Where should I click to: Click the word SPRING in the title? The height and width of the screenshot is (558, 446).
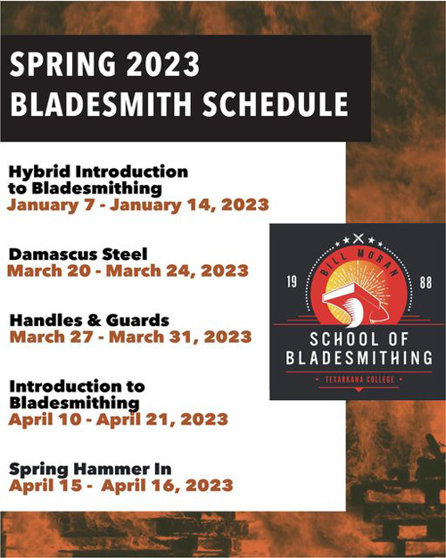pos(62,64)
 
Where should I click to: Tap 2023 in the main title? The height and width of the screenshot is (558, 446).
pos(163,64)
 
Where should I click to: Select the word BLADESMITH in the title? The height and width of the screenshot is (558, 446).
pos(101,104)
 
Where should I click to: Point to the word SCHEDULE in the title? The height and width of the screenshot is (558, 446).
pos(276,104)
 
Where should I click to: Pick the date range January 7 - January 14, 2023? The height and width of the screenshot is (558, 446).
pos(138,205)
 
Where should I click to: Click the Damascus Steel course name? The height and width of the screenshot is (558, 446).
pos(78,254)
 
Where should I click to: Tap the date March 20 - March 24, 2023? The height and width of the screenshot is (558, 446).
pos(128,271)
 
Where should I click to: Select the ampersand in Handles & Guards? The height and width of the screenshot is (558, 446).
pos(94,321)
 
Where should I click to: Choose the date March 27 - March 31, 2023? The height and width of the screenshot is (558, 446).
pos(130,337)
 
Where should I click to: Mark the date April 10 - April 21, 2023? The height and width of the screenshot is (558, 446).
pos(119,420)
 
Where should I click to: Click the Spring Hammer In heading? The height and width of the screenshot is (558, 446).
pos(90,470)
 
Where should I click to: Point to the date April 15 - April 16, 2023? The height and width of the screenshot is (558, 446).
pos(121,486)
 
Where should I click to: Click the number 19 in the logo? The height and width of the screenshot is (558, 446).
pos(292,282)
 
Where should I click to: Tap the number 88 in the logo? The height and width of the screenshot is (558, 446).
pos(425,282)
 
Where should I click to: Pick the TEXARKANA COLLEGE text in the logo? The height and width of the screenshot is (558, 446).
pos(359,379)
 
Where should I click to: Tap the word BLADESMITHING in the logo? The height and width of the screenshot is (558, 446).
pos(359,358)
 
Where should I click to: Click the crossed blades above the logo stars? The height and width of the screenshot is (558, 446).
pos(359,237)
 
